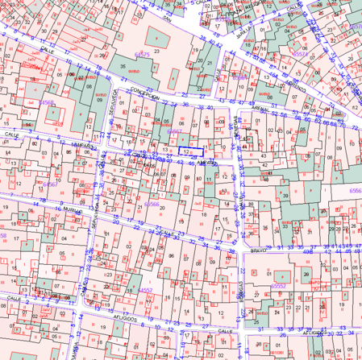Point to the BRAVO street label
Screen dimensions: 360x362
(258, 251)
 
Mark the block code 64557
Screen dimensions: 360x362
(144, 290)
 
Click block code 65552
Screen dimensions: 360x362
(279, 285)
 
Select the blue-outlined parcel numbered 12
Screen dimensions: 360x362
(189, 151)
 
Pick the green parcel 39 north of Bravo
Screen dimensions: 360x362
(285, 196)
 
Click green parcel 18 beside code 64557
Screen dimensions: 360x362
(129, 290)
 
